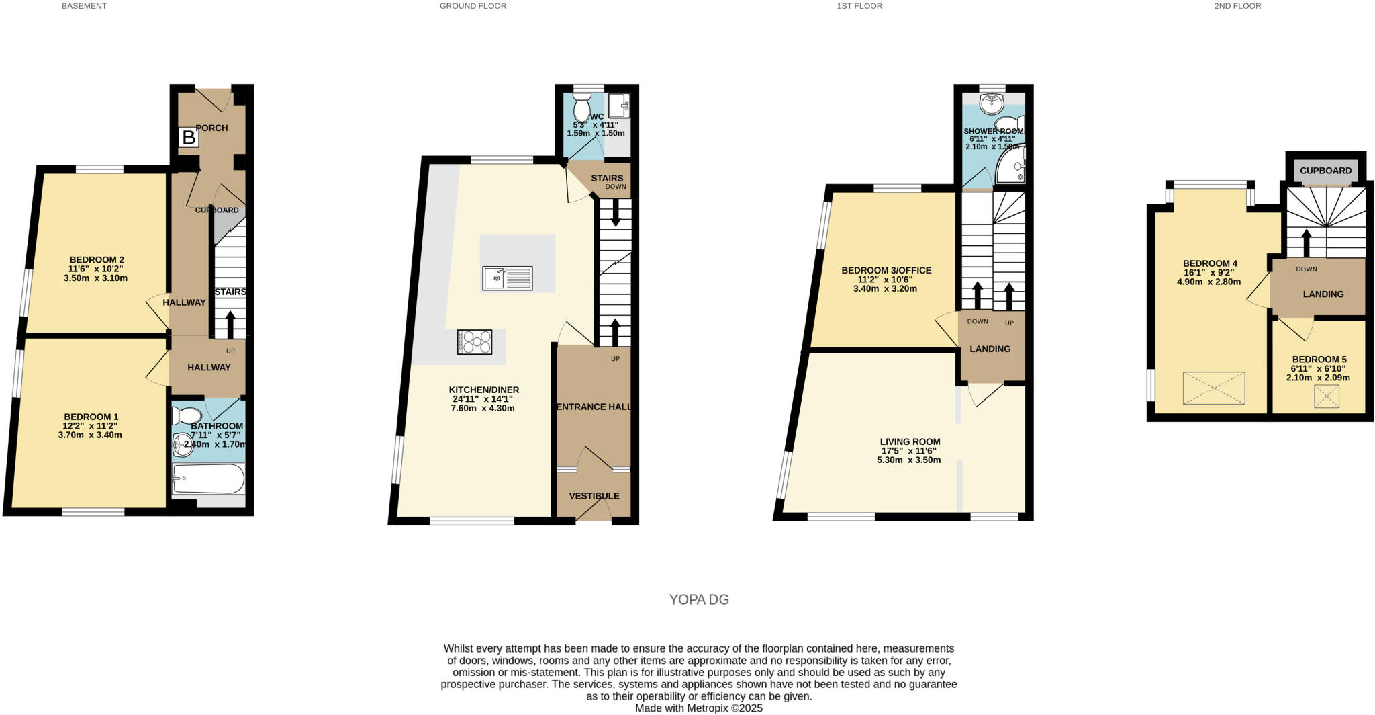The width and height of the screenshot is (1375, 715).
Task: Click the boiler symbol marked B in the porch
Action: click(189, 138)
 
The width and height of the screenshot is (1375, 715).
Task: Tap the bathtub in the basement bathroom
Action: click(208, 478)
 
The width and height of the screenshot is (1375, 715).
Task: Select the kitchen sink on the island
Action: click(507, 278)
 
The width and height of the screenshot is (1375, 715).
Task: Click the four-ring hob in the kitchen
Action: click(475, 342)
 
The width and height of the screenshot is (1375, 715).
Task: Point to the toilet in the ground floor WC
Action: click(581, 108)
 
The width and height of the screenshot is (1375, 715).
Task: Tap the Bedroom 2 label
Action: click(97, 260)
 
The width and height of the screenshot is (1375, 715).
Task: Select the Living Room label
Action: click(910, 441)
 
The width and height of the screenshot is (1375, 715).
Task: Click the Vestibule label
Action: click(594, 496)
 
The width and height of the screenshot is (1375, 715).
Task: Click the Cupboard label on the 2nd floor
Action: click(1325, 171)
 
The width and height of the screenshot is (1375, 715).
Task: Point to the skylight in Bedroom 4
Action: click(1213, 388)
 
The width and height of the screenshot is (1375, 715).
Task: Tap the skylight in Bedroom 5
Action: click(1326, 396)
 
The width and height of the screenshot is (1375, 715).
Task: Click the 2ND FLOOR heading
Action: click(1237, 6)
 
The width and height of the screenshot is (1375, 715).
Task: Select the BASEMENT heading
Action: click(84, 6)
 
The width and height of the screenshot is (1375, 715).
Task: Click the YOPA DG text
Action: click(699, 599)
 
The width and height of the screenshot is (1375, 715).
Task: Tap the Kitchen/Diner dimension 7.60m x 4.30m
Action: click(482, 408)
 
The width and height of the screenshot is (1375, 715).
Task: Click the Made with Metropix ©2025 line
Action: click(699, 708)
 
